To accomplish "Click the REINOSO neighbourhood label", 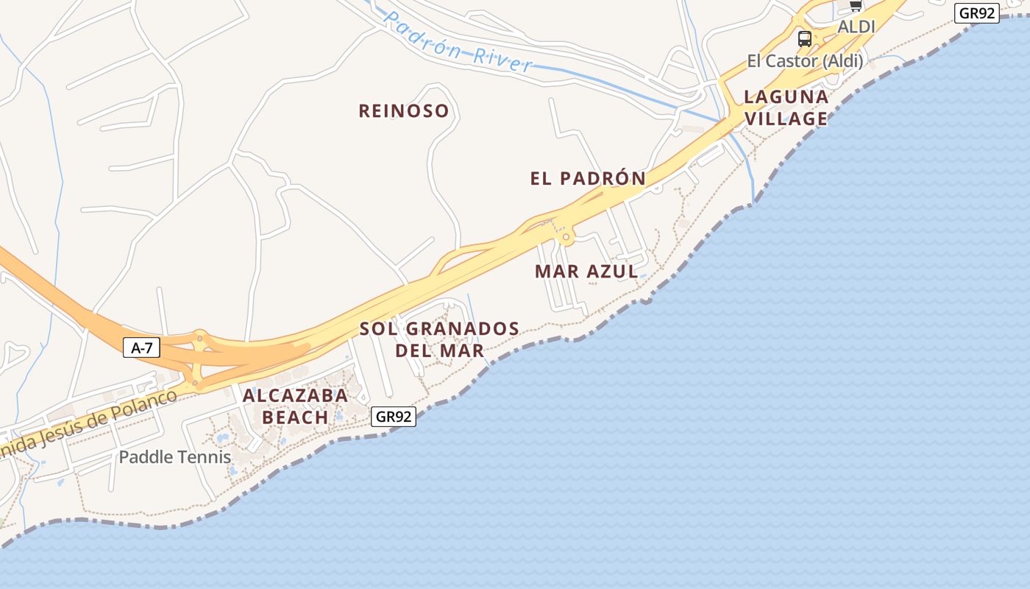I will (x=403, y=111).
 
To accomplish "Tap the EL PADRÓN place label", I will (x=588, y=178).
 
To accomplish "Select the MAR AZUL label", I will (x=586, y=271).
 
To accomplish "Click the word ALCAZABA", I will (x=295, y=395).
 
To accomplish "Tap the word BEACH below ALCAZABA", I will (x=295, y=417).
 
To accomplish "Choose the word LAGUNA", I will (x=786, y=96).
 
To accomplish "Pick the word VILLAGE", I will (x=786, y=119).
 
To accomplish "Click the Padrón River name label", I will (x=458, y=41).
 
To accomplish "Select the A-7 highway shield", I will (x=141, y=348).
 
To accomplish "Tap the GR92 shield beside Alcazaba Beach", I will (x=394, y=417).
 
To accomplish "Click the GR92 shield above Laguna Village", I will (x=977, y=13).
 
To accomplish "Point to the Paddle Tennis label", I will (x=175, y=457).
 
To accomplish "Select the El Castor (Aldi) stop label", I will (x=805, y=61).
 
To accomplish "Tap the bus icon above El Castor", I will (x=805, y=38).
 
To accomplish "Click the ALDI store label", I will (x=856, y=27).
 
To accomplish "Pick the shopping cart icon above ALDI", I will (x=856, y=6).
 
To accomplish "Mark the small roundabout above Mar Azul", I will (x=566, y=237).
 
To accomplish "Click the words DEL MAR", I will (x=439, y=350).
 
